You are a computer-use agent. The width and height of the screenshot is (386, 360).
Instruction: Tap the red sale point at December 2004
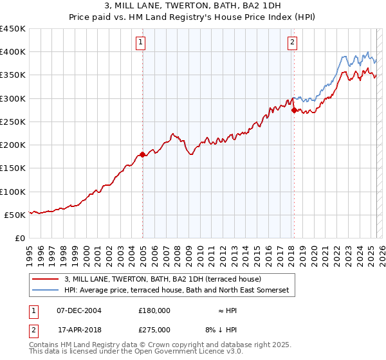coord(142,154)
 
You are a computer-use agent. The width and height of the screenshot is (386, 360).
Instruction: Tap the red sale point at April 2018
coord(294,111)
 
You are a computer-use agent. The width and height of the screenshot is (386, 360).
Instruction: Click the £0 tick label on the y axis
coord(21,238)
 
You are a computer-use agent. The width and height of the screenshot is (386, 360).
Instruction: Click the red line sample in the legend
coord(46,280)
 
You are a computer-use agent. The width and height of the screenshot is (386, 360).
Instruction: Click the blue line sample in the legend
coord(46,291)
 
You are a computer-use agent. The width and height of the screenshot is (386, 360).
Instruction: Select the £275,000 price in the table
coord(154,330)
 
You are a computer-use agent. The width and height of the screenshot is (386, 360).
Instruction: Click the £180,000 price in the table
coord(154,310)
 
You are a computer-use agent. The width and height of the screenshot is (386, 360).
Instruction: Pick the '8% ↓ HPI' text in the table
coord(219,330)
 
